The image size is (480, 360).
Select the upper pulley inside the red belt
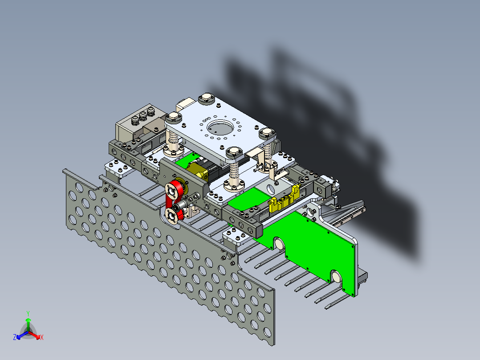[x=171, y=191]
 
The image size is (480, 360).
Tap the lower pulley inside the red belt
[x=171, y=215]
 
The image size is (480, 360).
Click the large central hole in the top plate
[x=220, y=127]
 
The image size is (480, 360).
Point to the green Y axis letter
[x=28, y=314]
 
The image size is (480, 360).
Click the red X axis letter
[x=42, y=337]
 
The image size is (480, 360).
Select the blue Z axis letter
[x=15, y=337]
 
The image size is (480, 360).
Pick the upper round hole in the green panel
[x=279, y=244]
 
